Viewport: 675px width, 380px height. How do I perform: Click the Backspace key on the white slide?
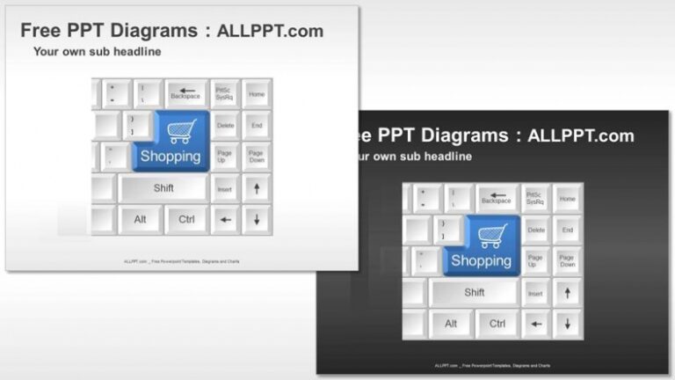pos(185,93)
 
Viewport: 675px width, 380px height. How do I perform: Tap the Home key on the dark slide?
pos(568,199)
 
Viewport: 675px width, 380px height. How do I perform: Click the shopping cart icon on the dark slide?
pos(492,234)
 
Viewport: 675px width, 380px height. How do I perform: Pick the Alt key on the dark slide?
pos(451,324)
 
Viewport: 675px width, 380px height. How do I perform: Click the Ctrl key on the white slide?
pos(186,219)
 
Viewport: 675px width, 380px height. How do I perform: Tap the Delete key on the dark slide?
pos(536,230)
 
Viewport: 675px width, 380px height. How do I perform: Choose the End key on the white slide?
pos(257,126)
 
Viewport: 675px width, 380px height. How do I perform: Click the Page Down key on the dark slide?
pos(568,261)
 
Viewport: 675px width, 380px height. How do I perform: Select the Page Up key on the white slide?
pos(225,157)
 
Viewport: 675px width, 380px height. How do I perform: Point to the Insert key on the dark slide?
pos(536,293)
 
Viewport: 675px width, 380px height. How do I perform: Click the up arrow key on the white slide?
pos(257,188)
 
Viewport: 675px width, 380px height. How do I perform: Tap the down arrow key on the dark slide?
pos(568,324)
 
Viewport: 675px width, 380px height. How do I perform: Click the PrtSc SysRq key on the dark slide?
pos(536,199)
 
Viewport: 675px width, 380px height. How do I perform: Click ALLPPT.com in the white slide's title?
pos(270,31)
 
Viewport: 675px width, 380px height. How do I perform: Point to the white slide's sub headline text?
pos(97,52)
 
